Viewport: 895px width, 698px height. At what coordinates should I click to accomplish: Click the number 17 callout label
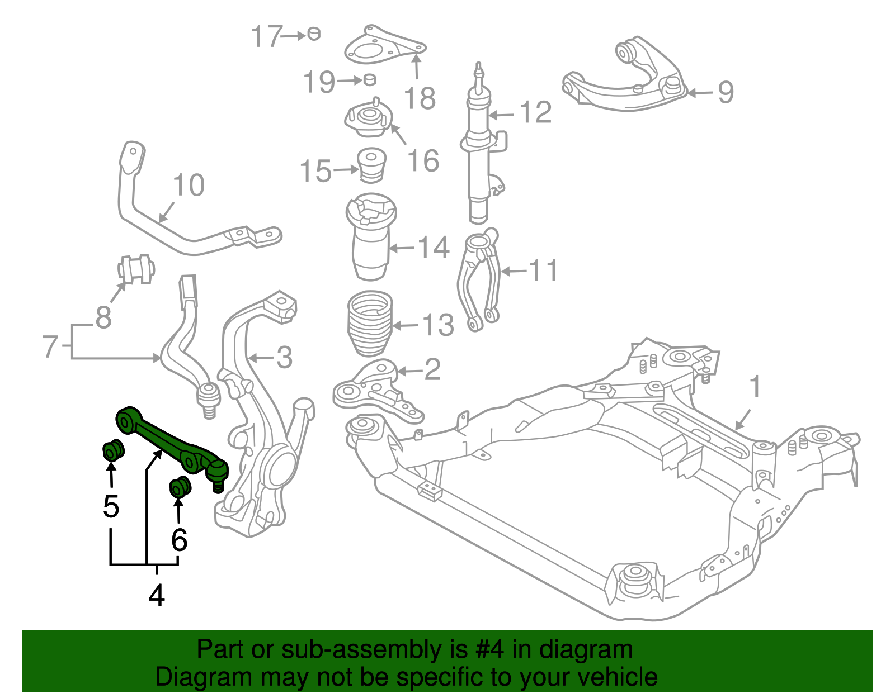click(265, 36)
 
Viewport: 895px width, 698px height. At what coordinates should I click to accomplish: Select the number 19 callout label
click(319, 82)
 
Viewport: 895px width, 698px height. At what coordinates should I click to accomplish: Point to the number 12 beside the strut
click(535, 112)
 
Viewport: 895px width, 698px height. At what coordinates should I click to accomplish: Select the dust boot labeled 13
click(370, 324)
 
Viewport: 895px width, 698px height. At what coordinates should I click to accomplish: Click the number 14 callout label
click(434, 247)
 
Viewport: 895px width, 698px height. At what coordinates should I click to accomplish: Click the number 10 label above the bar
click(189, 185)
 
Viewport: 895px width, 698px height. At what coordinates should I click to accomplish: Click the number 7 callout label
click(50, 346)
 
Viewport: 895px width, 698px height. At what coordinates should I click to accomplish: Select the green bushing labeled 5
click(114, 450)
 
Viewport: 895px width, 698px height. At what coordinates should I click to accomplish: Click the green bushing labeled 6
click(180, 487)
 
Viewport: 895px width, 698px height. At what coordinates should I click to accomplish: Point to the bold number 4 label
click(157, 596)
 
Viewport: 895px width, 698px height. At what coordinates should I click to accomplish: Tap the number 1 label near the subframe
click(755, 387)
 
